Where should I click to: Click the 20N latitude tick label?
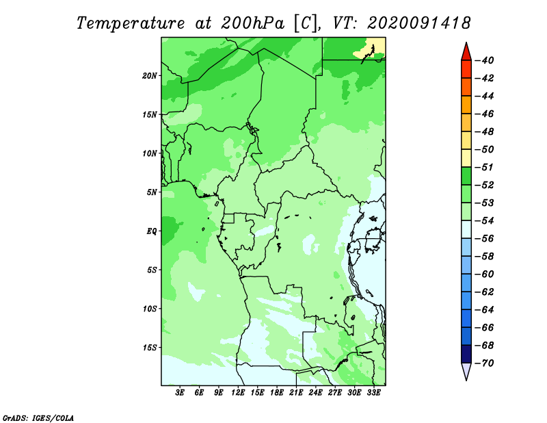(150, 75)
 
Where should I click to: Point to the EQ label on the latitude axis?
(152, 231)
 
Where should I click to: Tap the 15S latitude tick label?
(150, 348)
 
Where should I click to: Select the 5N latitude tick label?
(152, 192)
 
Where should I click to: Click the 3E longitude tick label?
(180, 393)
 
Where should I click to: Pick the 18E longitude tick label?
(277, 393)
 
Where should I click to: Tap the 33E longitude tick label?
(373, 393)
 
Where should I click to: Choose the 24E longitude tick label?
(315, 393)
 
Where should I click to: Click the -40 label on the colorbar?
(484, 60)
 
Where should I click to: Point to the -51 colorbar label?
(484, 167)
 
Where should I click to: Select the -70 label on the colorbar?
(484, 363)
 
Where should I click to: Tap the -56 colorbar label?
(484, 239)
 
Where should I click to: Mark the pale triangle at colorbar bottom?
(466, 370)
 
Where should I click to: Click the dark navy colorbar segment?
(466, 354)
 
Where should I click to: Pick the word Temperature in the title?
(131, 24)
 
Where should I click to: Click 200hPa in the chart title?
(253, 23)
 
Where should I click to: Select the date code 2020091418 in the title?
(419, 23)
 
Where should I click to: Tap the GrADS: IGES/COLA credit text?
(38, 418)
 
